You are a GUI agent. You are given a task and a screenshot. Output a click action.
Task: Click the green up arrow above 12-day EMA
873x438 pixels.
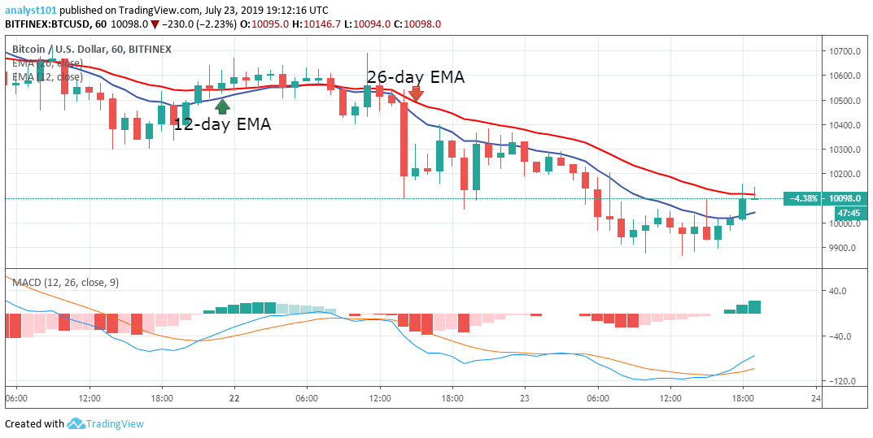click(x=222, y=106)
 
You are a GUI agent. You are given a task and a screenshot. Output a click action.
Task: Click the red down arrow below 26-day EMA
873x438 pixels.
click(x=416, y=94)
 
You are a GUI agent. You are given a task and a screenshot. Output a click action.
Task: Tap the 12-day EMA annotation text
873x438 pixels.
click(x=222, y=124)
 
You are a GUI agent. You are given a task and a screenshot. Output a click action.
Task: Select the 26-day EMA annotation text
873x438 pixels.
click(x=416, y=77)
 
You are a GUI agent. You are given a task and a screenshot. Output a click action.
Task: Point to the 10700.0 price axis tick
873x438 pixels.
click(x=845, y=51)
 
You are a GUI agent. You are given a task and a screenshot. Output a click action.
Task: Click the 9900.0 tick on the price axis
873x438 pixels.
click(x=845, y=248)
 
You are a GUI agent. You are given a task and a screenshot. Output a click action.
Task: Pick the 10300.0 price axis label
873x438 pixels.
click(x=845, y=150)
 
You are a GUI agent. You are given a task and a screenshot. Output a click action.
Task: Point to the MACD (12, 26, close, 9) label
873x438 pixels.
click(x=63, y=281)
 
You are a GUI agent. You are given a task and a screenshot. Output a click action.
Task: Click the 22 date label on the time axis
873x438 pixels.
click(x=234, y=399)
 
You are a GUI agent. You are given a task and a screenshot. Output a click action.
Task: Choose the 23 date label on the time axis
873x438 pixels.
click(x=525, y=399)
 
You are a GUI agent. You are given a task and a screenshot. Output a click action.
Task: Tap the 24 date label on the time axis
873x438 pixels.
click(x=816, y=399)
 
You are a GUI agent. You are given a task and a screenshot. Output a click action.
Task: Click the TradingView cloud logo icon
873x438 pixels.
click(x=76, y=423)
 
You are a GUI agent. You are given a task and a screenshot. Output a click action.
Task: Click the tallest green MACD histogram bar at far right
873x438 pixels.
click(x=754, y=306)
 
